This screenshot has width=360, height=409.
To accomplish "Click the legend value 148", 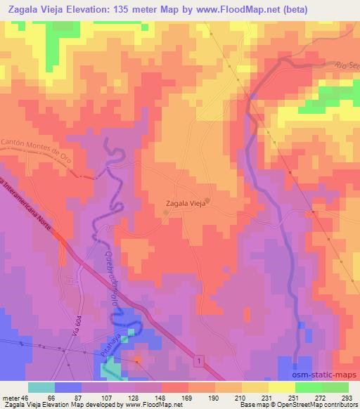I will tap(160, 398).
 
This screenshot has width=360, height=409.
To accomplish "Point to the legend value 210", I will tap(239, 398).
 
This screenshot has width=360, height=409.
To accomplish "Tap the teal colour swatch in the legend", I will tap(41, 387).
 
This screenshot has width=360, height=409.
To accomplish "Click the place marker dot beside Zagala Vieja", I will tap(208, 199).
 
